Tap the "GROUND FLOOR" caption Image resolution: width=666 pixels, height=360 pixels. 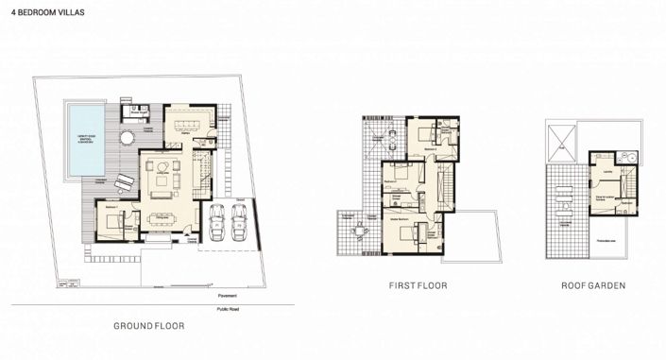pyautogui.click(x=149, y=326)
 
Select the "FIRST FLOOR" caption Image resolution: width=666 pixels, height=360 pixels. pyautogui.click(x=417, y=284)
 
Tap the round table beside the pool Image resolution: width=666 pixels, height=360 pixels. pyautogui.click(x=127, y=138)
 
